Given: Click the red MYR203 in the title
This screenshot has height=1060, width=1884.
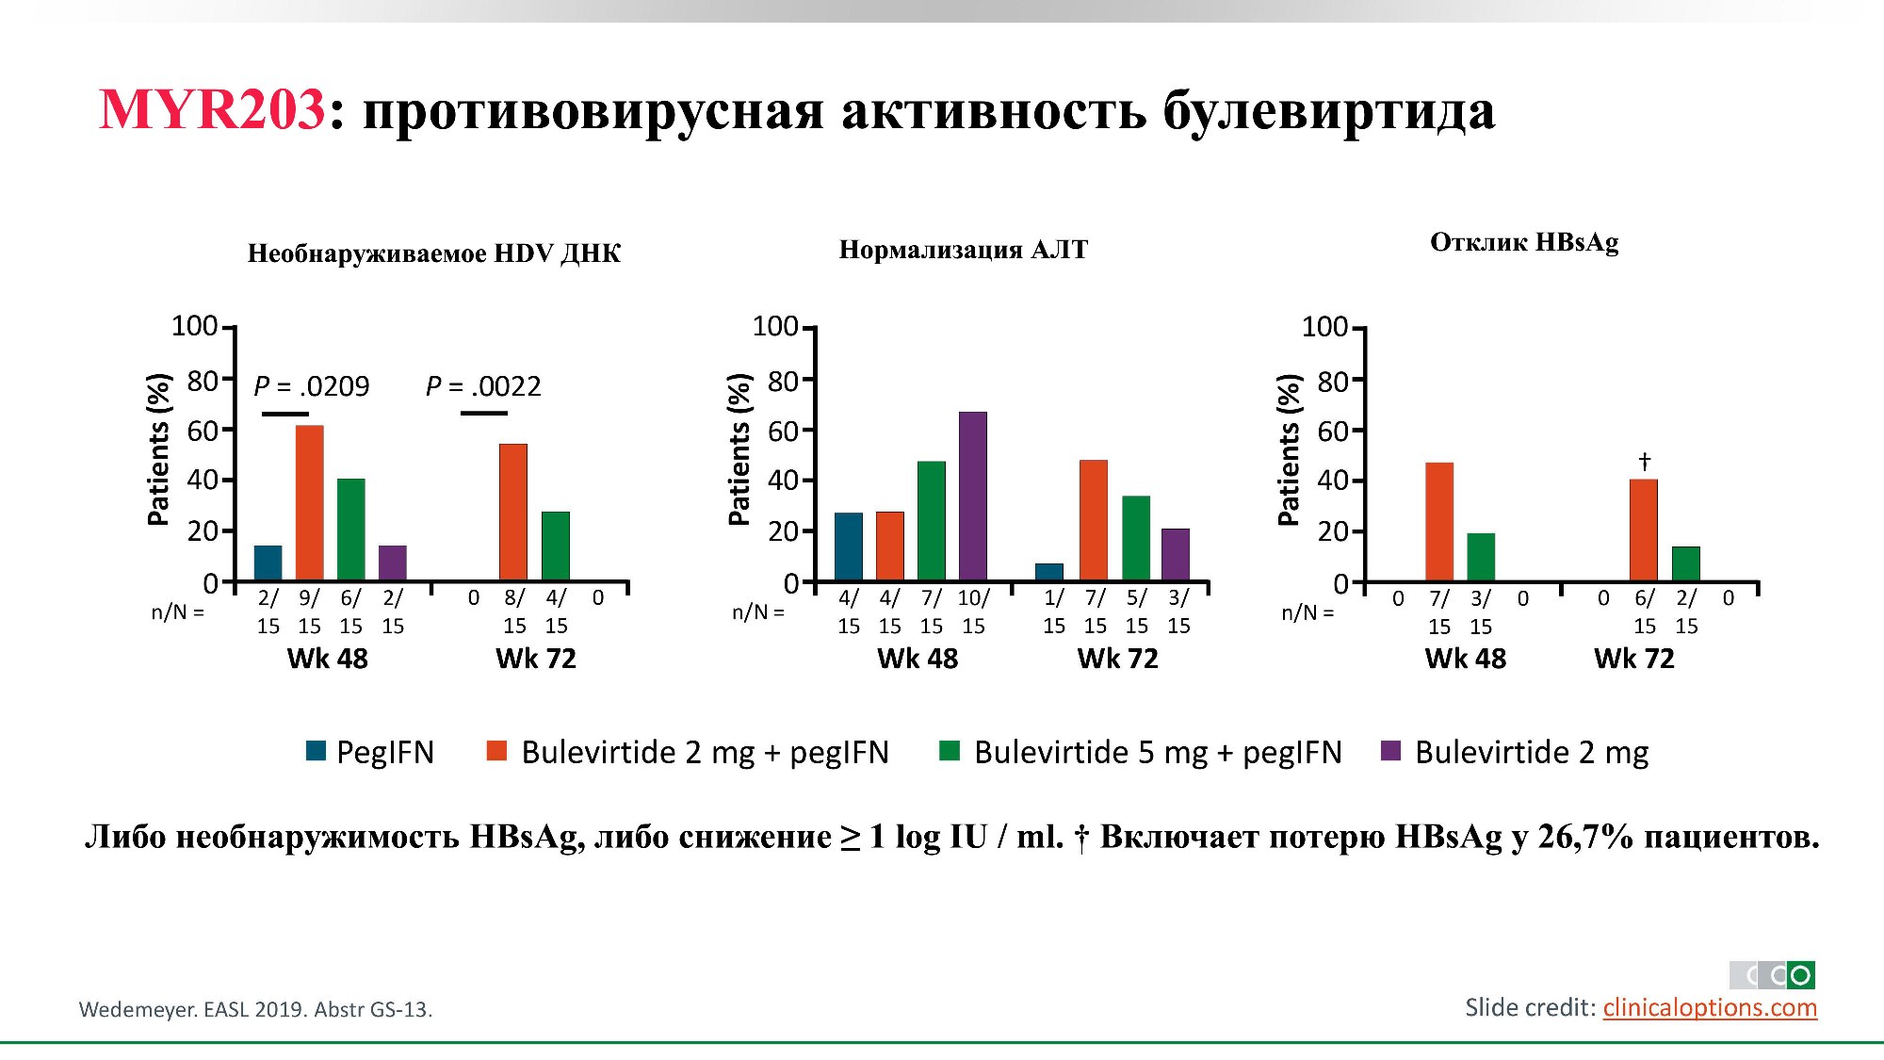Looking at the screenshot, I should click(212, 109).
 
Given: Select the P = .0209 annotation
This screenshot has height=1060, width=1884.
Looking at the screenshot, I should click(312, 386).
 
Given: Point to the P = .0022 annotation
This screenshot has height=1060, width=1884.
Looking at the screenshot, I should click(483, 386).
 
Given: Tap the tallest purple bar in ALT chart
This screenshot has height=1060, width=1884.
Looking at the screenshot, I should click(973, 496).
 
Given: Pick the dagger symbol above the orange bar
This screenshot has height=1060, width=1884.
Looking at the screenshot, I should click(1644, 462).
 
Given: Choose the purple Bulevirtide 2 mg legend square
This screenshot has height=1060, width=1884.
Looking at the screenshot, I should click(1390, 751).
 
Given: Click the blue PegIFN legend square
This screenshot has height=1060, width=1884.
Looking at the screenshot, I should click(317, 751).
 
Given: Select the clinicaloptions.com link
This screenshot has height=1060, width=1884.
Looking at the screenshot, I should click(1710, 1007).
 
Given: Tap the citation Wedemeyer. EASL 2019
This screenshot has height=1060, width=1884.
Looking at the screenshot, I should click(255, 1009).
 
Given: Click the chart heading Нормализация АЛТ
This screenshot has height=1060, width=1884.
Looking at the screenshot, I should click(963, 250).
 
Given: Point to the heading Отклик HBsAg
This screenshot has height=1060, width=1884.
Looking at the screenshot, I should click(1524, 242).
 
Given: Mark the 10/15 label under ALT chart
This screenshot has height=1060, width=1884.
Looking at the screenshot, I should click(973, 612).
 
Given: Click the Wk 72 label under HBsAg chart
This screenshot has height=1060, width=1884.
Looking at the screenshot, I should click(1634, 659).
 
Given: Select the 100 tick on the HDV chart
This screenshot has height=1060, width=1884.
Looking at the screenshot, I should click(194, 326).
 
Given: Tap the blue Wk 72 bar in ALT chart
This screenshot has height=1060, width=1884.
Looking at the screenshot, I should click(1049, 572).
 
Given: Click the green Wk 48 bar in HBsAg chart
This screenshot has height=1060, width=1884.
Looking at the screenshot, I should click(1481, 557).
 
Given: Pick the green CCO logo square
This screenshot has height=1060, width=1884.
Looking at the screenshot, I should click(1800, 975).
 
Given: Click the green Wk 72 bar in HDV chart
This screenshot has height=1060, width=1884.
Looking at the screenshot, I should click(556, 546).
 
